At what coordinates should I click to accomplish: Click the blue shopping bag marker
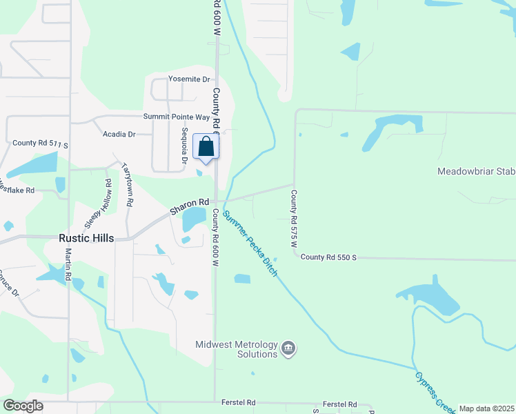coord(206,147)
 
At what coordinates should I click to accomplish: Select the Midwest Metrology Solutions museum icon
coord(289,349)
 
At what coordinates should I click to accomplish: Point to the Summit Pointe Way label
coord(176,117)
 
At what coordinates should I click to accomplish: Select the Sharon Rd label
coord(190,202)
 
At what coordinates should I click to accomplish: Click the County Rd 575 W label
coord(293,219)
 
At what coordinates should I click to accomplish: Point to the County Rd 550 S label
coord(328,257)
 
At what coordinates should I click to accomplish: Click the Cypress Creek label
coord(435,389)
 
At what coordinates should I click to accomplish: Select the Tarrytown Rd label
coord(128,186)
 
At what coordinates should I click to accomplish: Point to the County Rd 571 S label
coord(41,144)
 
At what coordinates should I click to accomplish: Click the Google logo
coord(23,406)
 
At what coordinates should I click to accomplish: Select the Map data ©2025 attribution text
coord(486,408)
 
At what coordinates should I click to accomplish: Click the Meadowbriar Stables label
coord(477,171)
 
